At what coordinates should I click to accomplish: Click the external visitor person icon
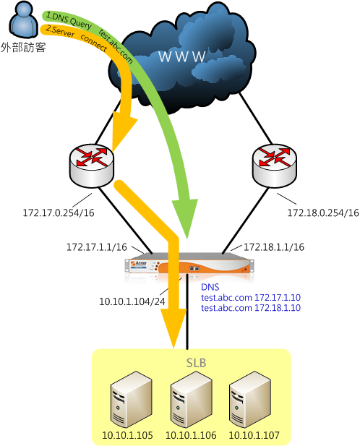point(24,20)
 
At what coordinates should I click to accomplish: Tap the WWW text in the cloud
point(182,56)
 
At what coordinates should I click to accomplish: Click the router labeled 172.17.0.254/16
point(92,166)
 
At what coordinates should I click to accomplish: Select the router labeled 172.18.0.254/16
point(275,166)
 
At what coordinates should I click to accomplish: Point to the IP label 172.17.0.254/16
point(59,213)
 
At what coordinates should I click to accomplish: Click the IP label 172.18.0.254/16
point(323,213)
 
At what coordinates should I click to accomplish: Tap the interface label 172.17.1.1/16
point(97,247)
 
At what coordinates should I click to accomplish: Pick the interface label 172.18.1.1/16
point(274,247)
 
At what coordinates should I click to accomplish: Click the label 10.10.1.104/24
point(132,301)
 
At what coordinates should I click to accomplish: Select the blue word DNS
point(210,287)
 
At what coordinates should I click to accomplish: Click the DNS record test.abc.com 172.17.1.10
point(251,298)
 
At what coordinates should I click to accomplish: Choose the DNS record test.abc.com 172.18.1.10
point(251,308)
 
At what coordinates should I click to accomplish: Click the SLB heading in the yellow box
point(196,363)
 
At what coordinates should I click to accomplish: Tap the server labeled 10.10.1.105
point(131,400)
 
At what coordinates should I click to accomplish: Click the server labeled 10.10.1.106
point(191,400)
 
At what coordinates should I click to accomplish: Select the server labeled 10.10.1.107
point(250,400)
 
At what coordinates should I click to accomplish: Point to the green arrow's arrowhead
point(185,218)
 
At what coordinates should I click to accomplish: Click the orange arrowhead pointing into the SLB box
point(173,327)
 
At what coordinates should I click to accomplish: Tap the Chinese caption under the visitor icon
point(23,47)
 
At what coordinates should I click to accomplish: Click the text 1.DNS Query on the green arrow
point(69,20)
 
